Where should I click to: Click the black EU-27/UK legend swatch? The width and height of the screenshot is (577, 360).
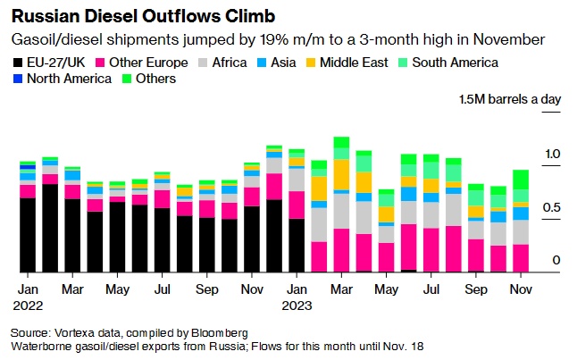tap(18, 63)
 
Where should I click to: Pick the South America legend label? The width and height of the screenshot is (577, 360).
tap(460, 63)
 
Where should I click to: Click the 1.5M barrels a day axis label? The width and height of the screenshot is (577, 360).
tap(510, 99)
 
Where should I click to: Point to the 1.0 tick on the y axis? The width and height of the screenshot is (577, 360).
tap(552, 155)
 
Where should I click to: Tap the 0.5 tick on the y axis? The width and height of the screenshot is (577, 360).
tap(552, 207)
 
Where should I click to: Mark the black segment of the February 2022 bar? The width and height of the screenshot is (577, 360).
tap(50, 228)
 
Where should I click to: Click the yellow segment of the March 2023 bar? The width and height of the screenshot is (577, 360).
tap(340, 174)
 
